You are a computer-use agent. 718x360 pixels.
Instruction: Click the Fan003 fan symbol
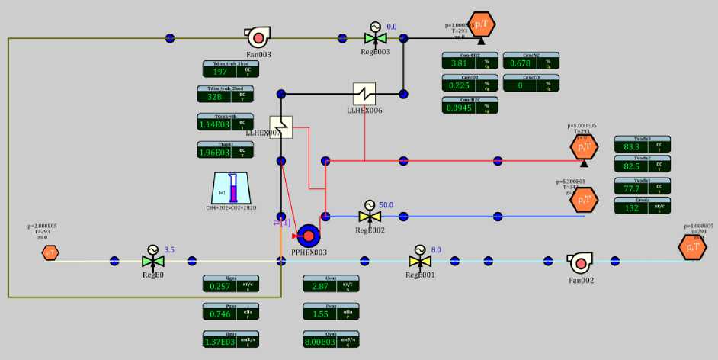coord(258,36)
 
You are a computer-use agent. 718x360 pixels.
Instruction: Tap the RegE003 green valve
coord(375,36)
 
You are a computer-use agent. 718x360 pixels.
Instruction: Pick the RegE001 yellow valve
coord(418,261)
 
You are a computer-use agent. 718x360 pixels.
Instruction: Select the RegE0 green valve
coord(152,261)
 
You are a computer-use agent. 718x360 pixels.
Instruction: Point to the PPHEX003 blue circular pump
coord(309,235)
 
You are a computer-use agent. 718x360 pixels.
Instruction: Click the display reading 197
coord(221,72)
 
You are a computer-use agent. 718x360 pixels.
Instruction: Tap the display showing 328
coord(221,98)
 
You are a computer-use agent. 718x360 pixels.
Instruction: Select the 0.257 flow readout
coord(221,286)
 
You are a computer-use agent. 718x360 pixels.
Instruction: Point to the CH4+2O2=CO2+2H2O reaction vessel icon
coord(233,188)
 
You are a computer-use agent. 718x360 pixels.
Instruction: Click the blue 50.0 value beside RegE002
coord(386,205)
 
